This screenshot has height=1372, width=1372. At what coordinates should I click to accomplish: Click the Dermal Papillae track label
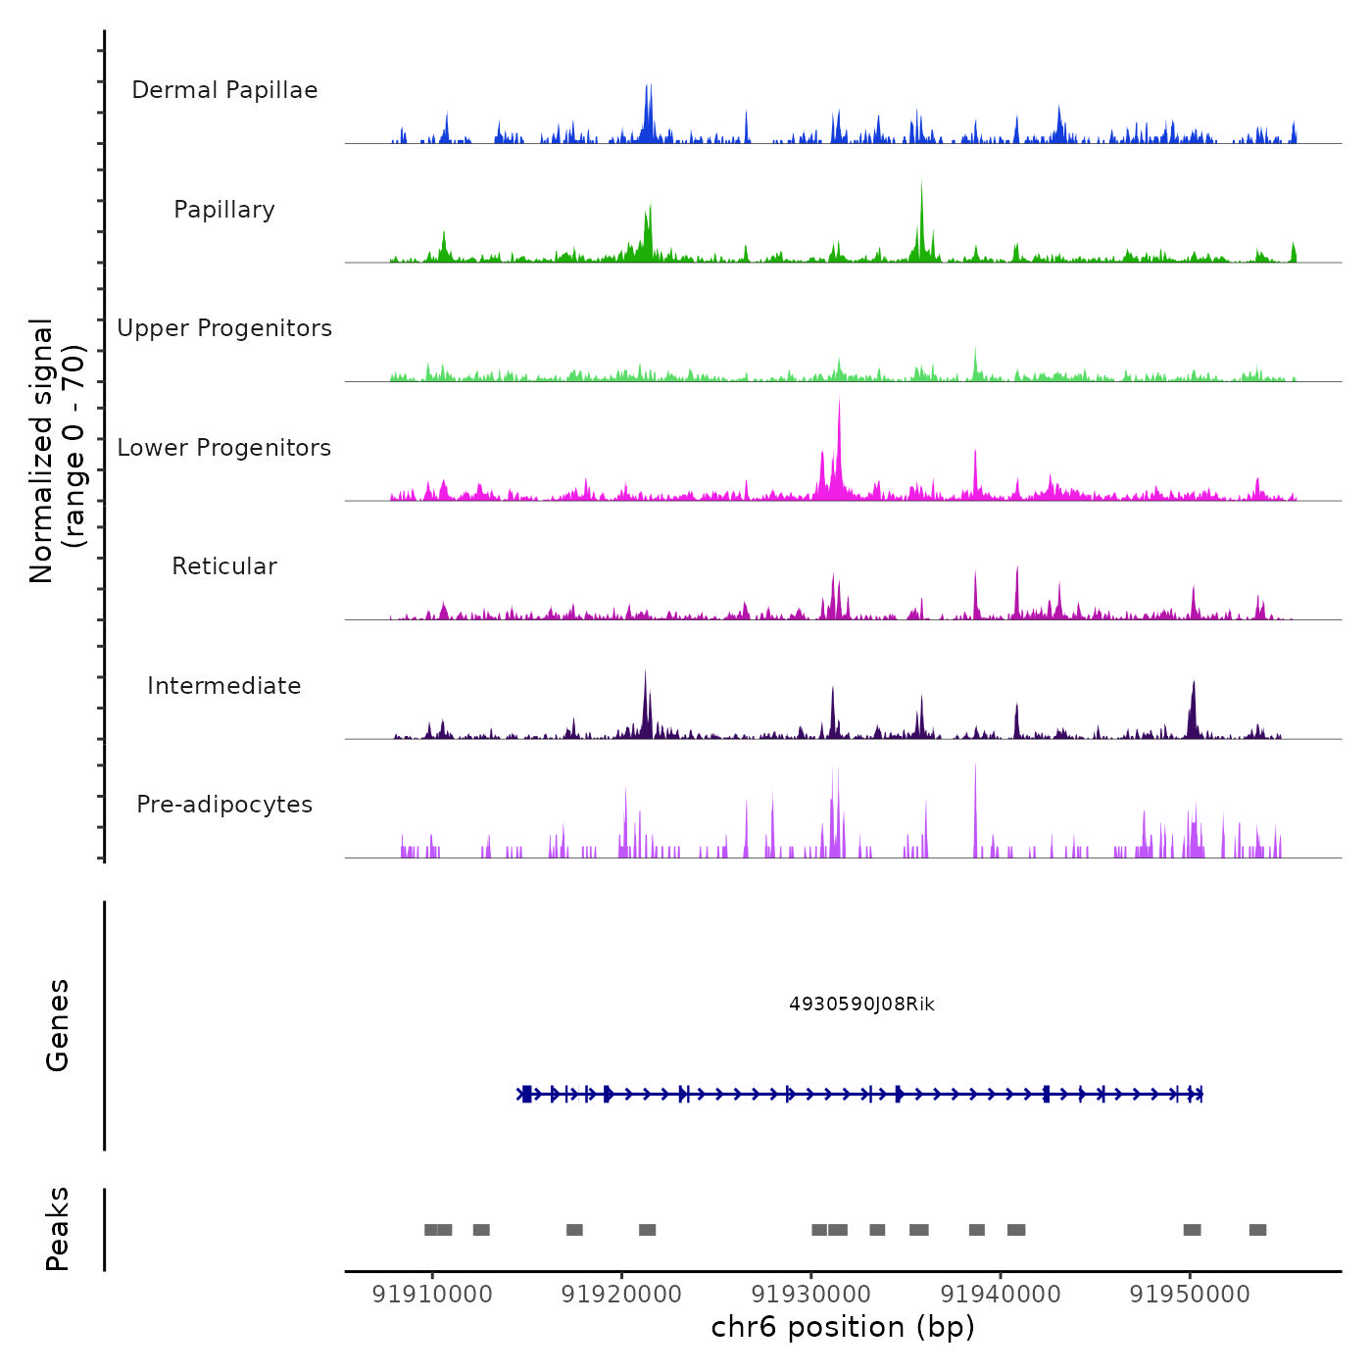click(x=224, y=90)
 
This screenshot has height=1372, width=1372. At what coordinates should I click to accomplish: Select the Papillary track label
click(x=224, y=210)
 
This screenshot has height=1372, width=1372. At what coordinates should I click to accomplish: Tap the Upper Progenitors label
click(x=224, y=328)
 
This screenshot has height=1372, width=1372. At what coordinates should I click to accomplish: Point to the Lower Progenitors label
click(x=224, y=448)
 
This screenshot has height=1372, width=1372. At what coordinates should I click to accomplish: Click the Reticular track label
click(x=224, y=566)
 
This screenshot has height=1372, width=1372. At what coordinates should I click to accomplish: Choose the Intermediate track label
click(x=224, y=686)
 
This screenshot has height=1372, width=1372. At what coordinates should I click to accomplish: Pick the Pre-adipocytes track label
click(x=224, y=805)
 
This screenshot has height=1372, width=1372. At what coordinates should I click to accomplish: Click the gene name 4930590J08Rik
click(x=861, y=1004)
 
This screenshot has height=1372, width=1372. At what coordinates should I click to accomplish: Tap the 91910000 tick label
click(x=432, y=1295)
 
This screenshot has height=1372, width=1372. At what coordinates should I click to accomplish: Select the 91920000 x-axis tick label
click(x=621, y=1295)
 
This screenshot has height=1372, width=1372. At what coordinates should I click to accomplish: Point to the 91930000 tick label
click(x=811, y=1295)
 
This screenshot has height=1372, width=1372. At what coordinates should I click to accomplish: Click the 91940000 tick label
click(x=1001, y=1295)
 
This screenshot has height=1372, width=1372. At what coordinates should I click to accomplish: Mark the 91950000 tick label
click(x=1190, y=1295)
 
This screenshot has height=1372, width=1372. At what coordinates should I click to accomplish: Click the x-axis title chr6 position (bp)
click(x=843, y=1328)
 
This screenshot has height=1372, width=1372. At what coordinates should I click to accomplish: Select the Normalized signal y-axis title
click(x=57, y=450)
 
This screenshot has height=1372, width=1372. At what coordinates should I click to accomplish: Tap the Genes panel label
click(x=58, y=1025)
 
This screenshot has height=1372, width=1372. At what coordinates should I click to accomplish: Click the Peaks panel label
click(x=58, y=1229)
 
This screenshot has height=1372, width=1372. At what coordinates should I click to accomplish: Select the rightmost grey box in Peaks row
click(x=1257, y=1230)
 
